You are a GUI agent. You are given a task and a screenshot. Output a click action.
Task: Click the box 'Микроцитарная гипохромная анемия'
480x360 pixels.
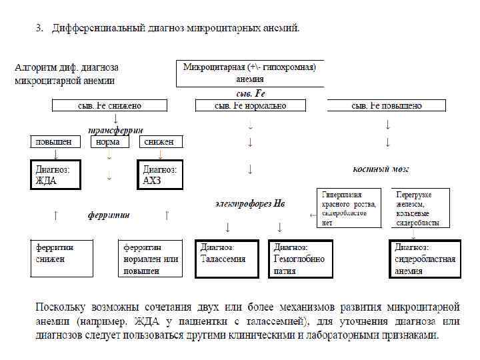249,73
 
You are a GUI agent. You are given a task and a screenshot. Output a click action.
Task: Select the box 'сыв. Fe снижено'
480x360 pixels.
109,105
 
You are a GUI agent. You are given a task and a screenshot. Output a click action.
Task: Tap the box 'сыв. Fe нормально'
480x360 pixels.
250,105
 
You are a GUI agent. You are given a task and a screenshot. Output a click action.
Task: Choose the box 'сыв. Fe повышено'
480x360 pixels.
387,105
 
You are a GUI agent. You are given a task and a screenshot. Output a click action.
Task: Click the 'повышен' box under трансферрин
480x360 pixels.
54,141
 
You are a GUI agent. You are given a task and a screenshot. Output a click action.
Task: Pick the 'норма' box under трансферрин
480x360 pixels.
108,141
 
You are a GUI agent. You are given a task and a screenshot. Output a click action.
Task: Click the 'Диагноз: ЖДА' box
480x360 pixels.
55,175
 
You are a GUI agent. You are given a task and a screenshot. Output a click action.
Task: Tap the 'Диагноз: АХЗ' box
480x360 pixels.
159,175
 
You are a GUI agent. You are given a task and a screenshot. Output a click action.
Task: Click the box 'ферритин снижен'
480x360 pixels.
62,258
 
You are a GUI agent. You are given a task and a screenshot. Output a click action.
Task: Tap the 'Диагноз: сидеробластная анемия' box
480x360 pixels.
425,258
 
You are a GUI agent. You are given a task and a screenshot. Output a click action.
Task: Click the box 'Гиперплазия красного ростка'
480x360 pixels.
348,208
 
